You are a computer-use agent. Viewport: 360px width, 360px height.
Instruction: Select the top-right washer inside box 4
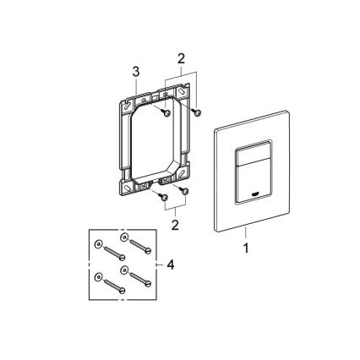point(124,239)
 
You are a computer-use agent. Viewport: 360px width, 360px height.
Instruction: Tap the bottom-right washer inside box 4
point(124,271)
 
